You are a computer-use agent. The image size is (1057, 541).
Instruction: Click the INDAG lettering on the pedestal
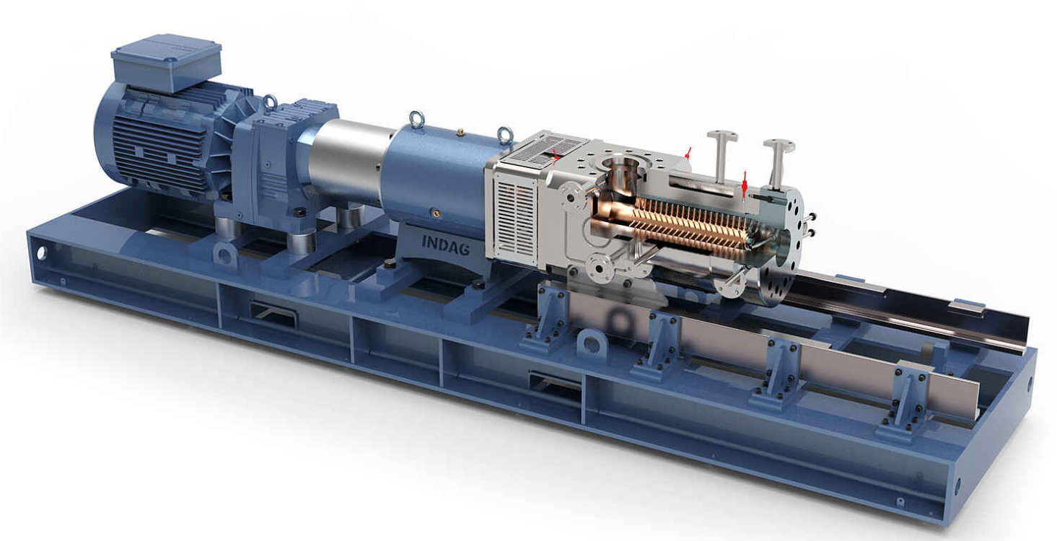(445, 245)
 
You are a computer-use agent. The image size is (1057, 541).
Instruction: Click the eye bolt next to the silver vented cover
(505, 136)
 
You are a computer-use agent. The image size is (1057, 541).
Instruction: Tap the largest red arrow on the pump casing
(745, 185)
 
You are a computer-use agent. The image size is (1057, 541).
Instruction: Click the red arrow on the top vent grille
(556, 154)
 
